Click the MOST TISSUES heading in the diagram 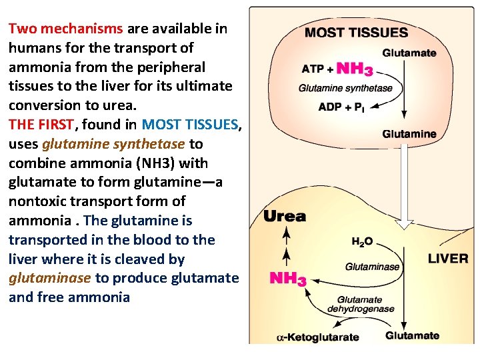(x=356, y=32)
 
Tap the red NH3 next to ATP (x=354, y=69)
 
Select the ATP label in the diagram (x=313, y=69)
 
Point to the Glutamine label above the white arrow (x=409, y=134)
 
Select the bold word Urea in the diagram (x=285, y=216)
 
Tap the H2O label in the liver (x=363, y=241)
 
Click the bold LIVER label (x=447, y=259)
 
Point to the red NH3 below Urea (x=287, y=278)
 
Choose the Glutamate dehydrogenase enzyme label (x=361, y=304)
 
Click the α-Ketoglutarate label (x=317, y=337)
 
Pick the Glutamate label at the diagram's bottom (x=412, y=335)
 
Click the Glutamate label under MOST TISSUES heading (x=409, y=53)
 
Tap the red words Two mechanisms (x=65, y=29)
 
